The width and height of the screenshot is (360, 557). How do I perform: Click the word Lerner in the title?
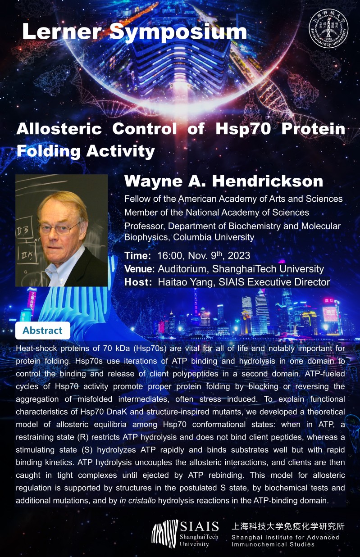[x=61, y=32]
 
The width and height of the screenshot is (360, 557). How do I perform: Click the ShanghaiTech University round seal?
[x=328, y=29]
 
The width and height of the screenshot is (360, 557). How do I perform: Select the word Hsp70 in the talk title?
[x=243, y=129]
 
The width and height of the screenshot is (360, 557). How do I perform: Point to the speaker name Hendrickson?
[x=268, y=181]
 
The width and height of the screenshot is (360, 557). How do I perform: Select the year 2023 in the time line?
[x=239, y=256]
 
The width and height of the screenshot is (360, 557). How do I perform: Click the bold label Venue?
[x=140, y=269]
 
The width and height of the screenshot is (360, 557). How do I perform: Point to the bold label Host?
[x=138, y=282]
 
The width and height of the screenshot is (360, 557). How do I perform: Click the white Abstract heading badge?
[x=43, y=331]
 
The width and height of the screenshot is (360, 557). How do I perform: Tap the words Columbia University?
[x=214, y=237]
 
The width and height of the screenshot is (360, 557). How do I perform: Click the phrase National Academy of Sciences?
[x=247, y=213]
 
